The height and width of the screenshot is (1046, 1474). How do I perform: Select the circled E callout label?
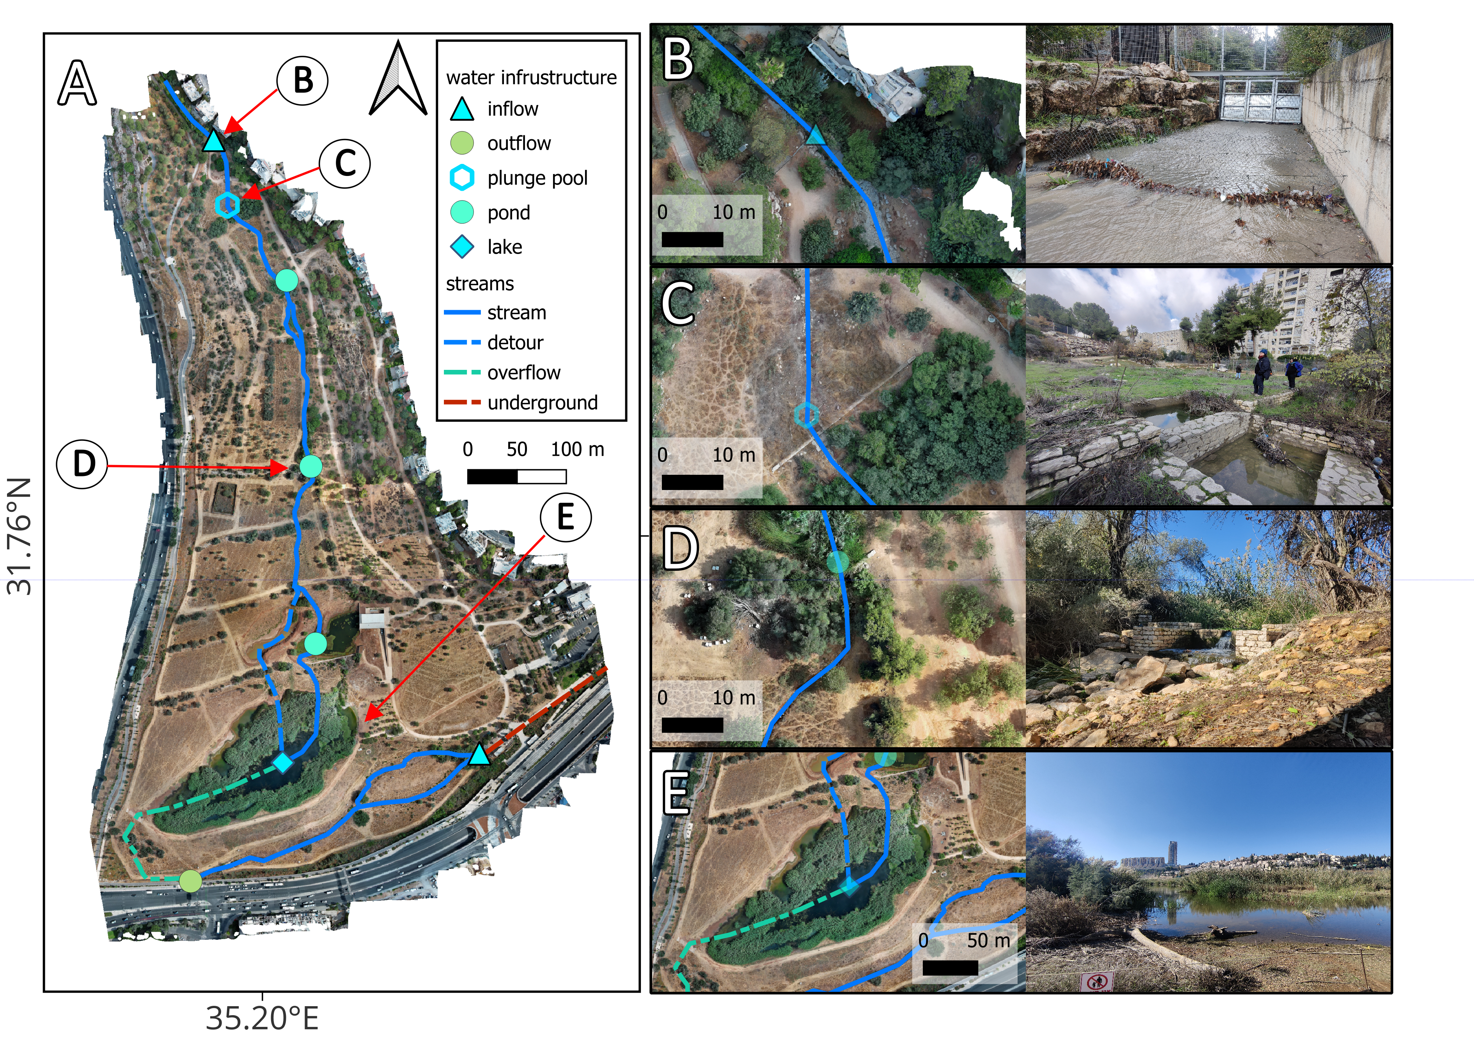click(566, 517)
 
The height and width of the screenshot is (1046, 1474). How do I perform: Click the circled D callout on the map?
click(82, 464)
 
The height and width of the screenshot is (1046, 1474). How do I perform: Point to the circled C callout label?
click(345, 163)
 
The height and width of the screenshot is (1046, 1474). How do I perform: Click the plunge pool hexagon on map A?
click(227, 205)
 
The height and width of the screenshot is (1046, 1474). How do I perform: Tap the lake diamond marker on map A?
click(283, 763)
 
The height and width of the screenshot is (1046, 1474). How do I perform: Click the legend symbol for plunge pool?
click(462, 178)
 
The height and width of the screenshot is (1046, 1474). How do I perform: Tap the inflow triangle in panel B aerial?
click(815, 136)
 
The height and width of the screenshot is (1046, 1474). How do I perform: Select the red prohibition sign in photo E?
click(1096, 982)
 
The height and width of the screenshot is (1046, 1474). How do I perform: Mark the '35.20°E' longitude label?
click(262, 1019)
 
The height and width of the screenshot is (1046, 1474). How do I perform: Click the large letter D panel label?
click(680, 549)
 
